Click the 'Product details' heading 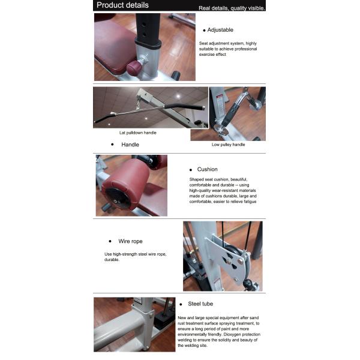tap(122, 5)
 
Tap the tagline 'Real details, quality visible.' tap(232, 8)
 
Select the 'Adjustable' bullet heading tap(220, 30)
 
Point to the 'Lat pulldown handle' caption tap(138, 133)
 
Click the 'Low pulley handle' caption tap(228, 145)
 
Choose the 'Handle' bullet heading tap(130, 145)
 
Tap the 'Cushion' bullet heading tap(208, 169)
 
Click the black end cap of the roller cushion tap(118, 198)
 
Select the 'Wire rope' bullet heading tap(130, 241)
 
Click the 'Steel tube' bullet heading tap(200, 304)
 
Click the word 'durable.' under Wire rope tap(112, 260)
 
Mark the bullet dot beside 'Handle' tap(112, 145)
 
